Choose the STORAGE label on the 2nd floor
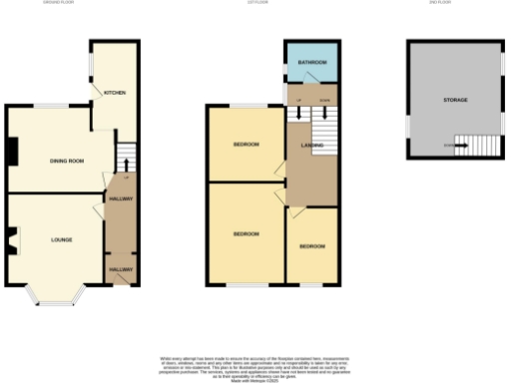click(455, 100)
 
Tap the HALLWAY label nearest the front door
click(121, 269)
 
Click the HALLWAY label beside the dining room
click(121, 198)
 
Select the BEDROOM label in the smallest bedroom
click(311, 245)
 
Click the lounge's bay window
click(53, 294)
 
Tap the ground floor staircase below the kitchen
click(125, 158)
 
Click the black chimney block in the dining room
click(11, 152)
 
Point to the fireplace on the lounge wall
click(12, 239)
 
